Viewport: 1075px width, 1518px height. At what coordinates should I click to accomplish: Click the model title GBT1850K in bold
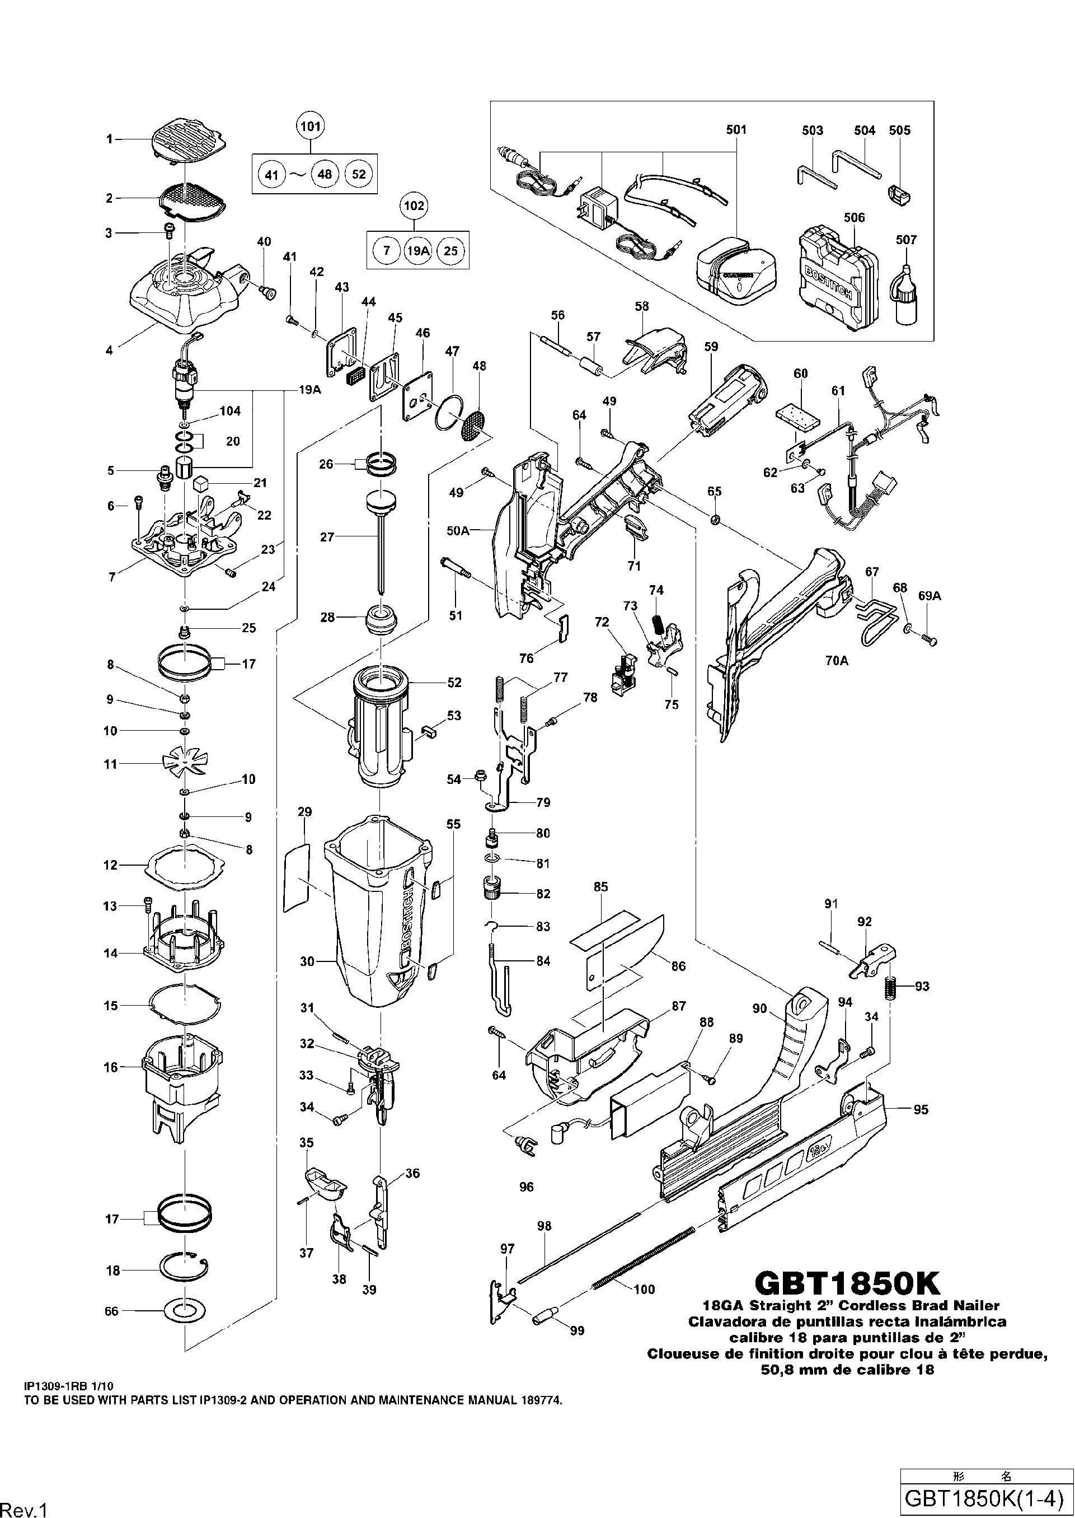pyautogui.click(x=847, y=1283)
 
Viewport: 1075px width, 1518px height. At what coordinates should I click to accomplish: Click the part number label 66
pyautogui.click(x=111, y=1311)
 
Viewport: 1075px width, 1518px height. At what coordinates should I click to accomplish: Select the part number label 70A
pyautogui.click(x=837, y=660)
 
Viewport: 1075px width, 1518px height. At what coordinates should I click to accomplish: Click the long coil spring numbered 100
pyautogui.click(x=642, y=1249)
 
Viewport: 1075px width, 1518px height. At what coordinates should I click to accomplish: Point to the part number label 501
pyautogui.click(x=736, y=130)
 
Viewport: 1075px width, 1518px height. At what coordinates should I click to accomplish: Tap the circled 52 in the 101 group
pyautogui.click(x=359, y=174)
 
